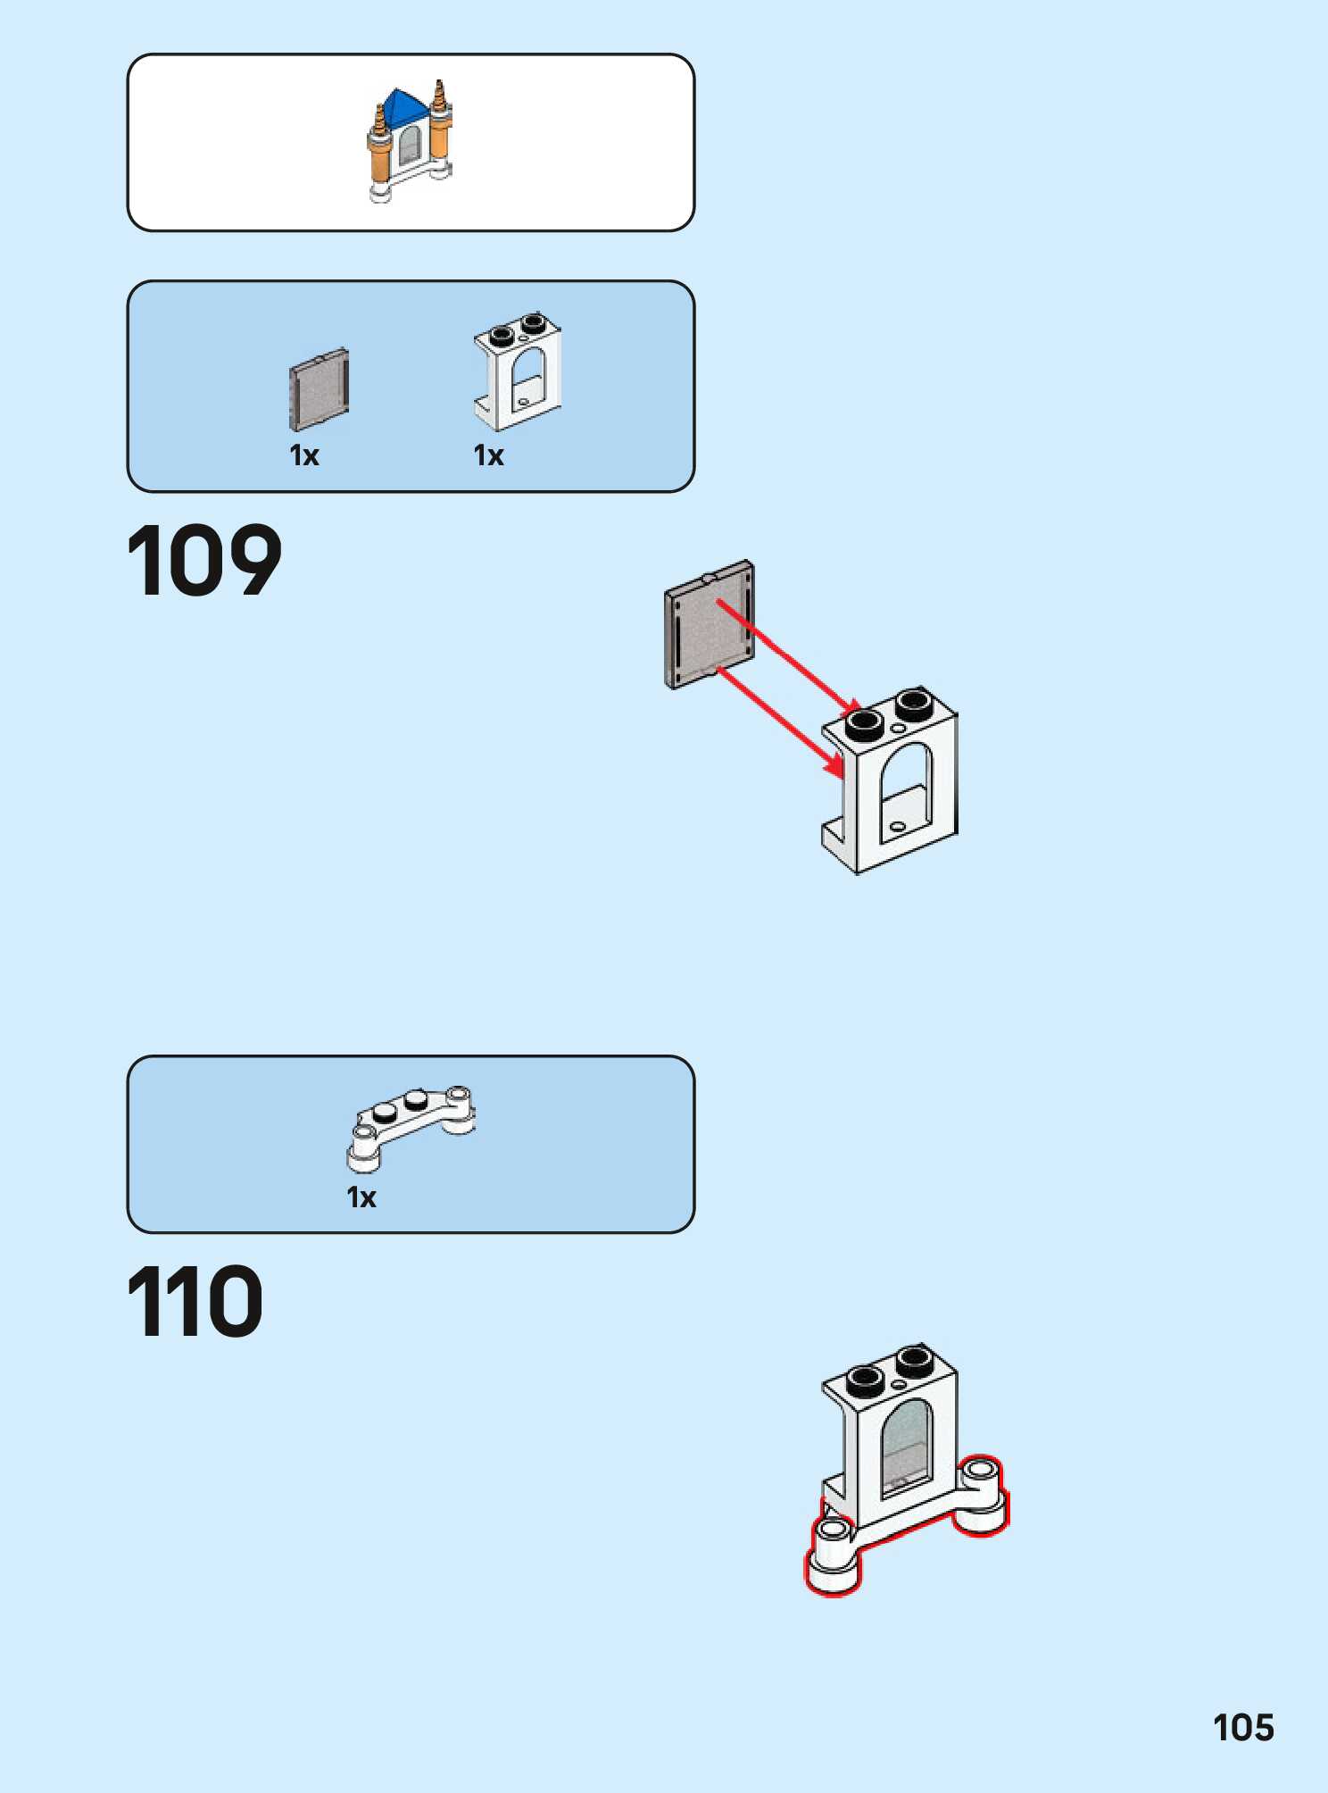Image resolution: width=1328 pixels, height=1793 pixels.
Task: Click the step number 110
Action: pyautogui.click(x=195, y=1301)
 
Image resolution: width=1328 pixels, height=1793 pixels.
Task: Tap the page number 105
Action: pyautogui.click(x=1243, y=1728)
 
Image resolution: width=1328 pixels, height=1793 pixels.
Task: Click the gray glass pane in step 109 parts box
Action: pyautogui.click(x=319, y=389)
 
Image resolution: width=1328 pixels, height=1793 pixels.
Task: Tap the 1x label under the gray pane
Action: pyautogui.click(x=304, y=455)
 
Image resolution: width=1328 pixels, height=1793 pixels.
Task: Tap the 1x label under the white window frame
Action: pyautogui.click(x=488, y=455)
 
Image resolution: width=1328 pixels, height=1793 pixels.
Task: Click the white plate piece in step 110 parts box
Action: pyautogui.click(x=411, y=1125)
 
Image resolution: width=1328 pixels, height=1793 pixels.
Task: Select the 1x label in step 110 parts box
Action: pyautogui.click(x=361, y=1197)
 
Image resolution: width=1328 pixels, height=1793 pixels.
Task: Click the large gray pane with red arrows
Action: pyautogui.click(x=710, y=625)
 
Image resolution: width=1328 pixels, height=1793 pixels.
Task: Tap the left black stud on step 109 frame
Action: pyautogui.click(x=865, y=722)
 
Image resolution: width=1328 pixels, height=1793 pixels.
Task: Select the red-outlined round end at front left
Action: pyautogui.click(x=834, y=1558)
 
